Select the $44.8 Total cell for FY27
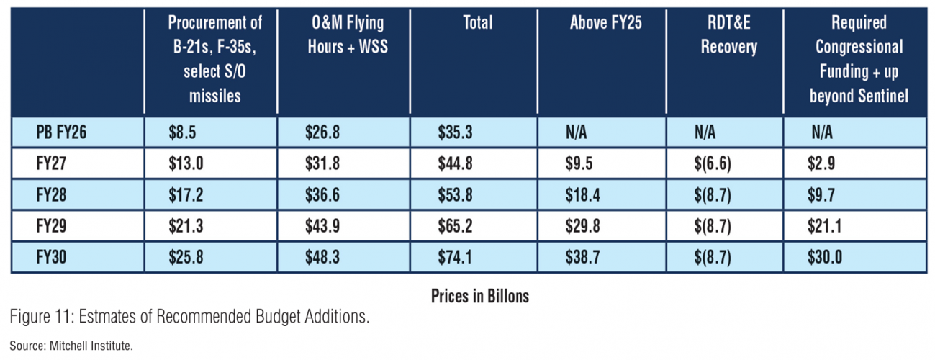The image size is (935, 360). coord(455,164)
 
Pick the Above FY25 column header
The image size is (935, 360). coord(605,24)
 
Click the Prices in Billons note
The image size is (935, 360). coord(479,296)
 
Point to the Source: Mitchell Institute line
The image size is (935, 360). coord(71,346)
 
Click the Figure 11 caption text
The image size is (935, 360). coord(189,317)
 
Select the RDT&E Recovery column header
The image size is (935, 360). coord(728,35)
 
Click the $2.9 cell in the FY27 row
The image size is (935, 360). coord(821,164)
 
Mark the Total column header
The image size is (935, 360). coord(478,24)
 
